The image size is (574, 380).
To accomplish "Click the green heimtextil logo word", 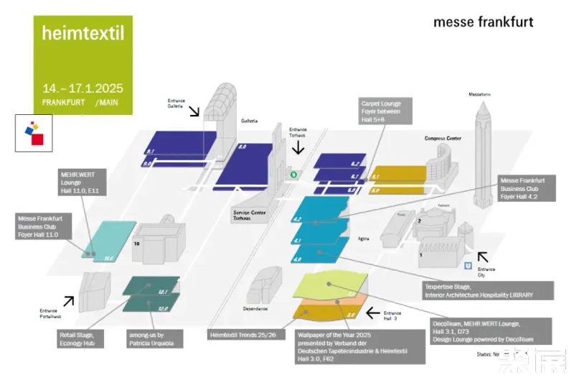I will (83, 33).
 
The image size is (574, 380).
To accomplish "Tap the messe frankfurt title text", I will (483, 22).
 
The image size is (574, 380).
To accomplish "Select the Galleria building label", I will (249, 120).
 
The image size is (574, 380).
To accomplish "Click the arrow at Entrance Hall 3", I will (372, 312).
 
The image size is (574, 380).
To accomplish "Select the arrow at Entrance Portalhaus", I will (69, 300).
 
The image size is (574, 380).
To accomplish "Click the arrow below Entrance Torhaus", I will (298, 147).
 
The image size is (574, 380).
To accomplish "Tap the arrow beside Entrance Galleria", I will (194, 111).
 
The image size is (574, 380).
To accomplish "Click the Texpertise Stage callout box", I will (488, 290).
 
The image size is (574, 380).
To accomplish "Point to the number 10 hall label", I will (136, 244).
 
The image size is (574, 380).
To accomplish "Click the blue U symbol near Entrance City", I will (468, 266).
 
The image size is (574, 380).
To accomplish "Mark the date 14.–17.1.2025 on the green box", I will (83, 88).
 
